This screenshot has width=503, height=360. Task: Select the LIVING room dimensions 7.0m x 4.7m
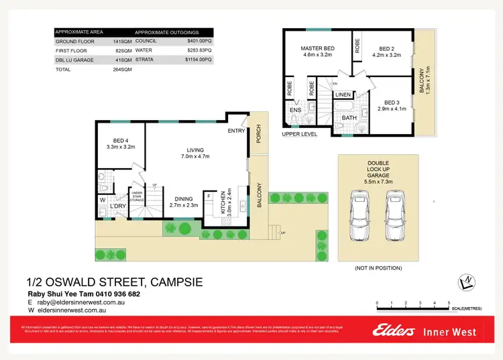[195, 156]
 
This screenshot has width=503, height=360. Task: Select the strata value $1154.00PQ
[199, 60]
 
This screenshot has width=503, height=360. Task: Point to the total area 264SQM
[123, 69]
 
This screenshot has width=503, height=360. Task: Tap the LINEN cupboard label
[343, 95]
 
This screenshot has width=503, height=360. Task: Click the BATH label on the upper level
[349, 118]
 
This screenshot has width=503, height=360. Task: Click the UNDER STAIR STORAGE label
[137, 196]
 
